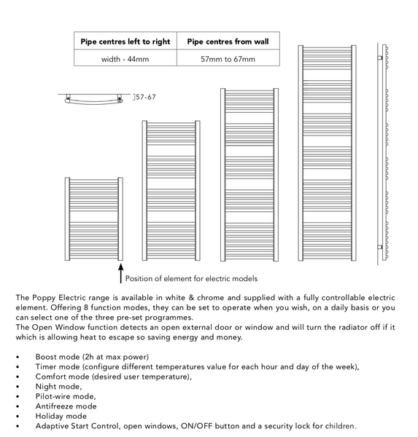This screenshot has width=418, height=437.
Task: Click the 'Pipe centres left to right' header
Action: (x=125, y=42)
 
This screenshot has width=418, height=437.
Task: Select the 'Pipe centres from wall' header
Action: (x=228, y=42)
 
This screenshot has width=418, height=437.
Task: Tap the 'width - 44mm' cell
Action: (x=125, y=59)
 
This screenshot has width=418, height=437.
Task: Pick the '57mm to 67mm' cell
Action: (x=228, y=59)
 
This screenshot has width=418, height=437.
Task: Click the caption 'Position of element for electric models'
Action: (x=191, y=278)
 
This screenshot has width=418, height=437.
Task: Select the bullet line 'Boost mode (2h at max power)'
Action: (x=92, y=357)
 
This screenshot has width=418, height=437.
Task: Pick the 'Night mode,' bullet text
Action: (x=58, y=386)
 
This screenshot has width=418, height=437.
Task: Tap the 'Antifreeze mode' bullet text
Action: (x=66, y=406)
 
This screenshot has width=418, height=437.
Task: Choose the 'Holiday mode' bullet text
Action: (x=61, y=416)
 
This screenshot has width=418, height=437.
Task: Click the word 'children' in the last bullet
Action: (x=339, y=425)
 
